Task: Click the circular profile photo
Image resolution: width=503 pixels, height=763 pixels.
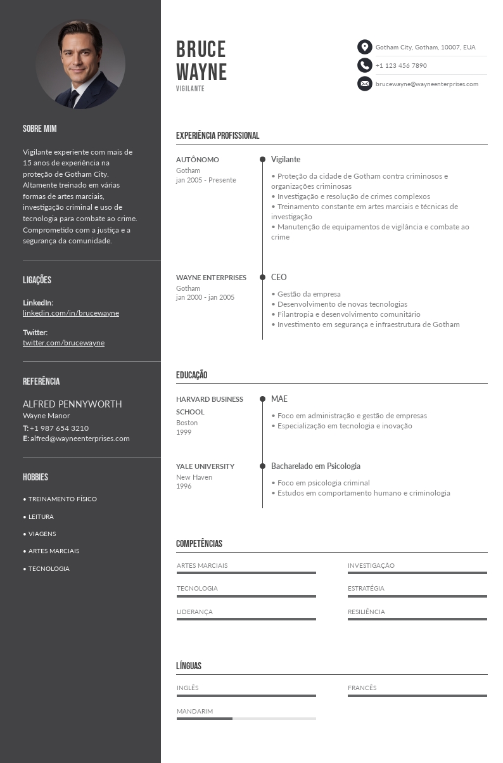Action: click(80, 64)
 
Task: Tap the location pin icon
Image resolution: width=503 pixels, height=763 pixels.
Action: click(364, 47)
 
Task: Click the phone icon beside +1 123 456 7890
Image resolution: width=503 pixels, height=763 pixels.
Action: click(364, 65)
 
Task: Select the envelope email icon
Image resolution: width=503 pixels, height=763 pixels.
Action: click(364, 84)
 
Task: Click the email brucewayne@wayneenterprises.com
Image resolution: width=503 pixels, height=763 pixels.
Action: click(426, 84)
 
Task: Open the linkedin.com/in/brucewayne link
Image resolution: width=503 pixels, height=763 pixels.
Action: click(71, 313)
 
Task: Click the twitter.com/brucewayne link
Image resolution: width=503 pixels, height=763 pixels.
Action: click(63, 343)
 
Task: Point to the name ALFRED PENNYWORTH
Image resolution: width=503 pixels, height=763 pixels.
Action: click(72, 404)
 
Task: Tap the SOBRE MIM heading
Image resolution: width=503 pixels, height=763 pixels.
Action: click(40, 129)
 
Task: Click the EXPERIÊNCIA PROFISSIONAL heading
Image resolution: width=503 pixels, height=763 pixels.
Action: click(217, 136)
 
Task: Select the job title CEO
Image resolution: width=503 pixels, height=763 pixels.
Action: click(279, 278)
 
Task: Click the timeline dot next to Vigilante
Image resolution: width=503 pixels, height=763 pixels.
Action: click(262, 160)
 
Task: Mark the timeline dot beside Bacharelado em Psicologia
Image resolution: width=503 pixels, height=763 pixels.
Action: click(262, 466)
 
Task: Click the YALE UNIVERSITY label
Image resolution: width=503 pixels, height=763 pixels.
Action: click(205, 466)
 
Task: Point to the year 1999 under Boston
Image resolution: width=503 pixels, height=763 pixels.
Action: click(184, 432)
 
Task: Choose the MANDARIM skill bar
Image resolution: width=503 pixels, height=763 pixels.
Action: click(246, 719)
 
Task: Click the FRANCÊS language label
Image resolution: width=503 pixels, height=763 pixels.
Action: click(362, 688)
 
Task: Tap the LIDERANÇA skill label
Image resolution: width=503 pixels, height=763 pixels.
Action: click(194, 612)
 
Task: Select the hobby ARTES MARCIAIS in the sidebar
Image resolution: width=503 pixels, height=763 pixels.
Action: click(54, 551)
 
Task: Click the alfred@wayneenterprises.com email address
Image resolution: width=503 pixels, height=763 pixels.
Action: click(80, 439)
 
